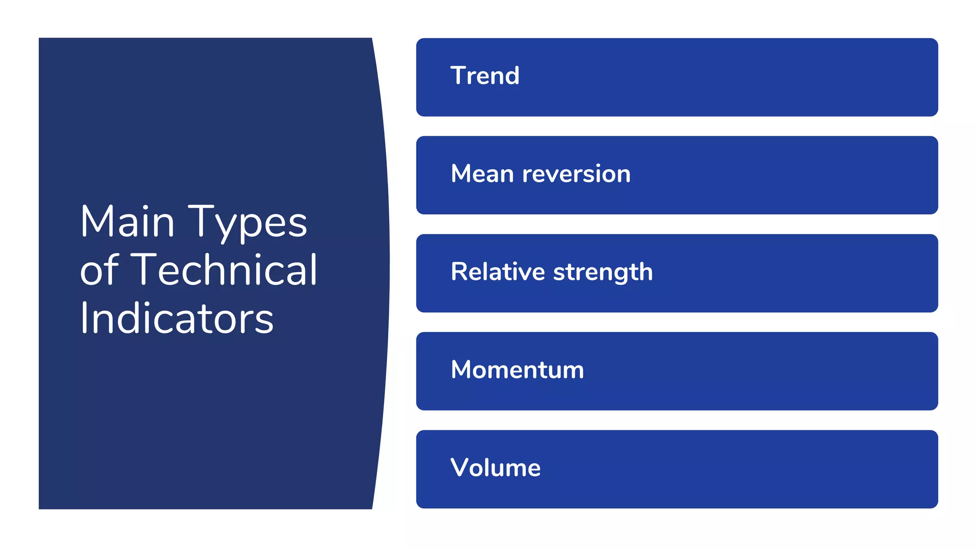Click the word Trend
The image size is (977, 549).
click(x=485, y=76)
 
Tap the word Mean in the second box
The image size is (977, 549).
click(x=482, y=173)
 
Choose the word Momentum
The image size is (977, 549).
click(x=517, y=370)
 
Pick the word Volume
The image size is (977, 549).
click(x=495, y=468)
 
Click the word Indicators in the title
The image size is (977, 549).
click(x=177, y=318)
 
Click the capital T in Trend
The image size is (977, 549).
click(x=459, y=76)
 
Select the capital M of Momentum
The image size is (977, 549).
click(x=463, y=370)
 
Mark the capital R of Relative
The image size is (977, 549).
click(x=459, y=272)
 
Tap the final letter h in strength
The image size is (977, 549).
click(x=645, y=272)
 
